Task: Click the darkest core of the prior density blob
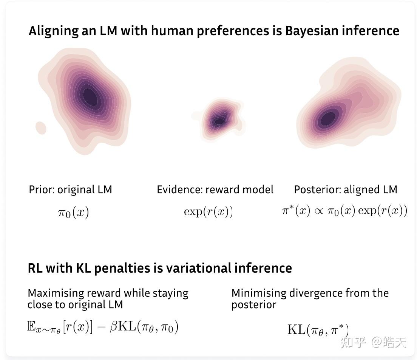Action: pyautogui.click(x=90, y=96)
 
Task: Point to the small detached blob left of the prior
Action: pyautogui.click(x=40, y=126)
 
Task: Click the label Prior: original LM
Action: pyautogui.click(x=70, y=189)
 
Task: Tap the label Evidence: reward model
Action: pyautogui.click(x=215, y=189)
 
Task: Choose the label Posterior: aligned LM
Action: pyautogui.click(x=345, y=189)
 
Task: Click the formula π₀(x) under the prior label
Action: pyautogui.click(x=73, y=212)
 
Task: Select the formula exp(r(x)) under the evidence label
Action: pyautogui.click(x=208, y=212)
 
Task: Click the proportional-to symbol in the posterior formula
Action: pyautogui.click(x=318, y=211)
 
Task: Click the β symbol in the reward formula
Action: pyautogui.click(x=113, y=327)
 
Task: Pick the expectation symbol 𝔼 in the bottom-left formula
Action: pyautogui.click(x=31, y=326)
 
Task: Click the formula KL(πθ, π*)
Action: pyautogui.click(x=318, y=329)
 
